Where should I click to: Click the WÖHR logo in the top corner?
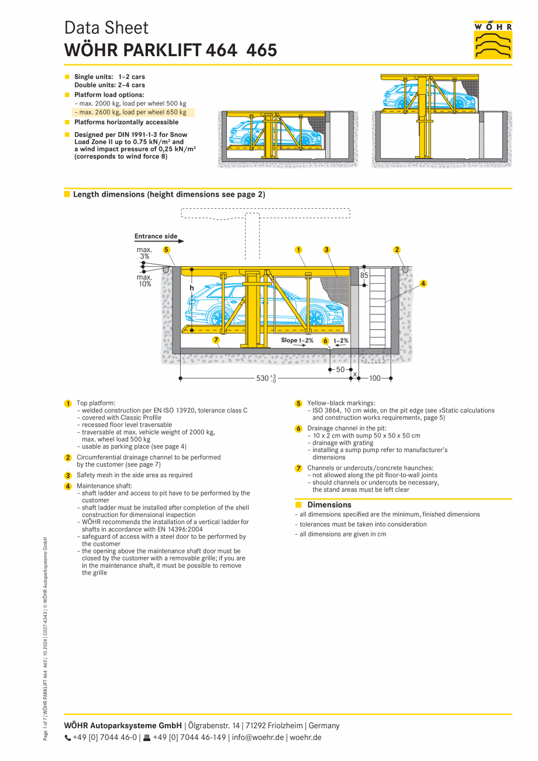pyautogui.click(x=493, y=40)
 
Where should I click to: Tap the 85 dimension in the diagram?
pyautogui.click(x=364, y=275)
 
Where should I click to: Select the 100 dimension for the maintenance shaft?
pyautogui.click(x=375, y=378)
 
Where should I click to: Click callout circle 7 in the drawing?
pyautogui.click(x=216, y=340)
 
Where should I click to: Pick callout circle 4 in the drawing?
pyautogui.click(x=423, y=283)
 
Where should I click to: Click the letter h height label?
pyautogui.click(x=191, y=288)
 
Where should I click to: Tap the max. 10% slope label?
pyautogui.click(x=144, y=281)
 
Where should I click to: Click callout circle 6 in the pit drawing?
pyautogui.click(x=325, y=340)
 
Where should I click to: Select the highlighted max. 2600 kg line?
pyautogui.click(x=133, y=112)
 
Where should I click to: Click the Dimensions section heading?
pyautogui.click(x=329, y=505)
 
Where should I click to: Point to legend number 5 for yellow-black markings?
pyautogui.click(x=298, y=403)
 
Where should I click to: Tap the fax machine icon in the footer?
pyautogui.click(x=147, y=737)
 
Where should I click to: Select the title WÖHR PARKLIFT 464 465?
pyautogui.click(x=171, y=50)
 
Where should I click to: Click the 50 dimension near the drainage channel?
pyautogui.click(x=340, y=370)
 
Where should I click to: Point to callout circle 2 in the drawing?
pyautogui.click(x=397, y=250)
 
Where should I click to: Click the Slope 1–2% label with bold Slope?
pyautogui.click(x=297, y=340)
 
